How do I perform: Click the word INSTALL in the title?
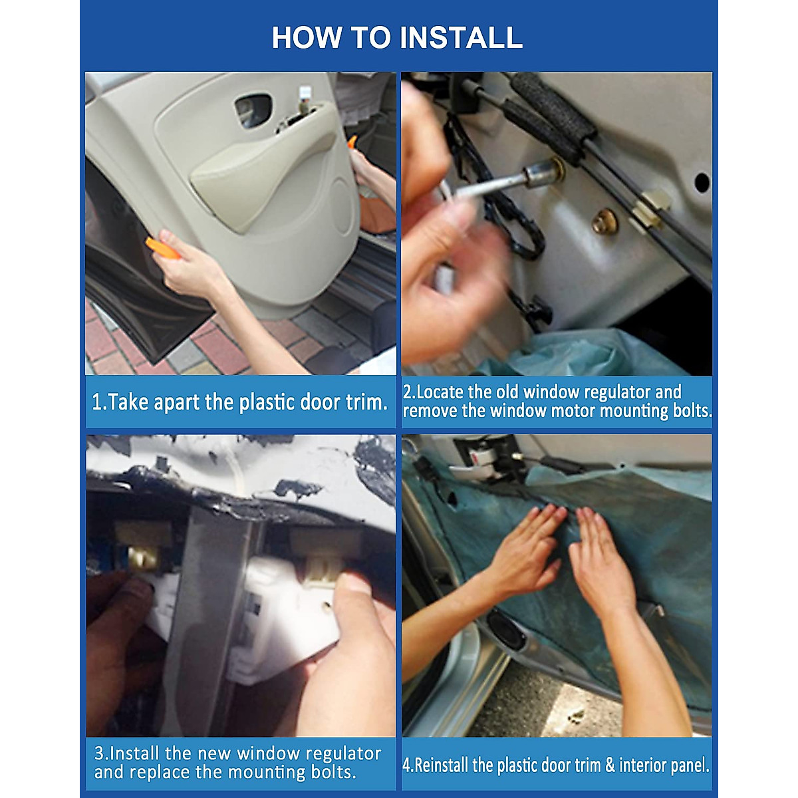461,38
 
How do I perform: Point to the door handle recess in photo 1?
253,110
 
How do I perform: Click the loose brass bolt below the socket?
604,221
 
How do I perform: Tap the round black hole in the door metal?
702,183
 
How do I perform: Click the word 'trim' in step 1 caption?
366,402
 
